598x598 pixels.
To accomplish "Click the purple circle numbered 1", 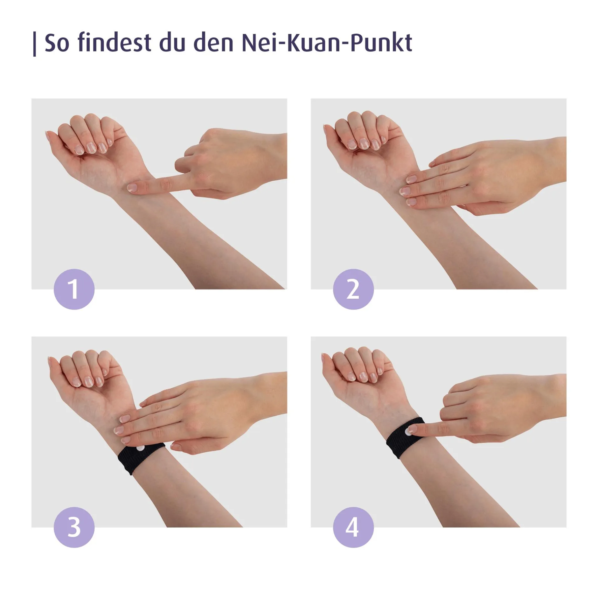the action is pyautogui.click(x=74, y=289).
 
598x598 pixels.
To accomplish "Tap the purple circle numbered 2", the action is pyautogui.click(x=353, y=289).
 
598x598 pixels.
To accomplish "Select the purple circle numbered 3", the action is pyautogui.click(x=74, y=527).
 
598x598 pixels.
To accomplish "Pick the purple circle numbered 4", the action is pyautogui.click(x=353, y=527).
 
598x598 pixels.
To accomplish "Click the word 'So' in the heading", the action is pyautogui.click(x=57, y=43).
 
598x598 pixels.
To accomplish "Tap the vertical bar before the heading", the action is pyautogui.click(x=34, y=44).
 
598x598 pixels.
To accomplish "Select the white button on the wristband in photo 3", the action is pyautogui.click(x=140, y=448).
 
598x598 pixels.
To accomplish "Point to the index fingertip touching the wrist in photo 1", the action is pyautogui.click(x=132, y=187).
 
